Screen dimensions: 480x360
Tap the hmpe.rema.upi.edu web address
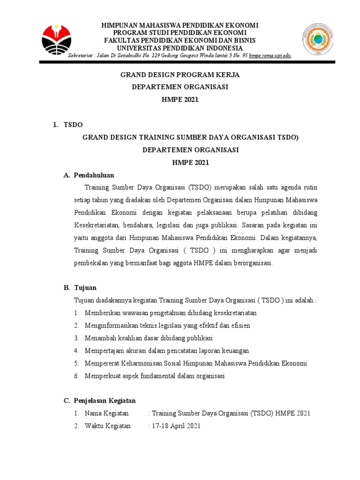(270, 56)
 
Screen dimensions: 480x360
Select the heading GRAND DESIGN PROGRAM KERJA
(180, 75)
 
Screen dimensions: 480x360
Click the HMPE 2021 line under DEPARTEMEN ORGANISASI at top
(180, 99)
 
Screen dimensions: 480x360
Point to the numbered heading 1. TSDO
(68, 125)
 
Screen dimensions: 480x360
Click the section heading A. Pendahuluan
(89, 175)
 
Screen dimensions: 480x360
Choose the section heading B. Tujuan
(80, 287)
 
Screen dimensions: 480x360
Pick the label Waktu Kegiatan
(108, 426)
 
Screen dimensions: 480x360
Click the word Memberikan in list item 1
(101, 313)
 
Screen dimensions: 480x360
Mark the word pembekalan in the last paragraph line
(92, 263)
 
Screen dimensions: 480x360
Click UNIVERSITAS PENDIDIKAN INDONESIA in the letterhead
(180, 48)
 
